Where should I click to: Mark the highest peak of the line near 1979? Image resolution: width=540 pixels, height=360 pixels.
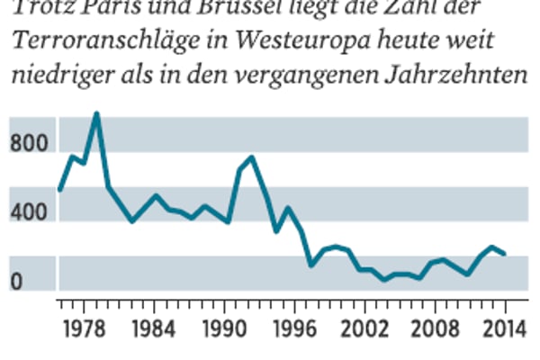(x=96, y=113)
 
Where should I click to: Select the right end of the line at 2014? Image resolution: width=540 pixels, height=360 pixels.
(x=504, y=255)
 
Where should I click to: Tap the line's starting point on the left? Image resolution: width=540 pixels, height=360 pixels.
(x=59, y=189)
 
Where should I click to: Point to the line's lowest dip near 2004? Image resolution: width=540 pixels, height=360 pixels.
(x=384, y=280)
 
